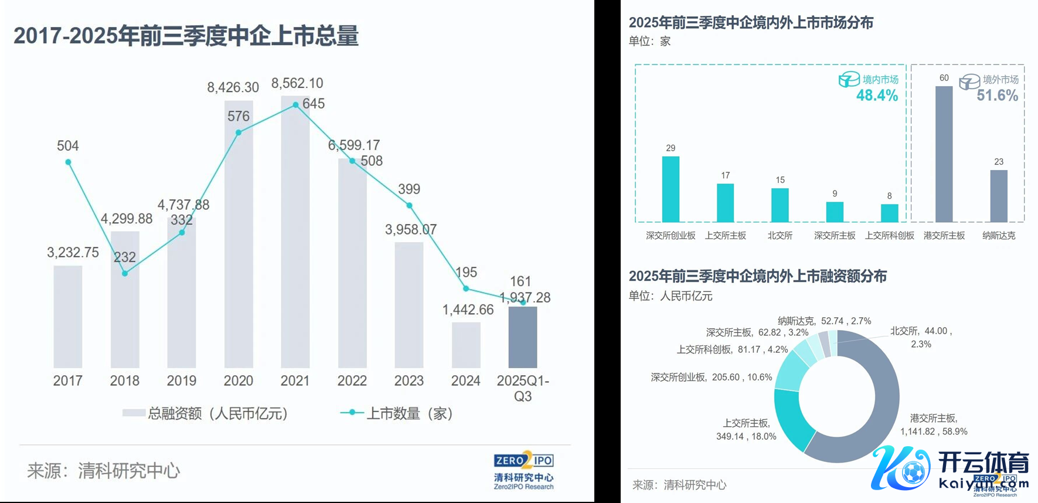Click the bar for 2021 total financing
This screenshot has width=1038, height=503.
coord(295,234)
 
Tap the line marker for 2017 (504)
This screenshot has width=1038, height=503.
coord(69,162)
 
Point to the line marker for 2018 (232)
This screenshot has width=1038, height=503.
coord(125,273)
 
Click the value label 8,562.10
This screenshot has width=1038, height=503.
coord(297,83)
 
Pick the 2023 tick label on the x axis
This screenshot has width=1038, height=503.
coord(409,381)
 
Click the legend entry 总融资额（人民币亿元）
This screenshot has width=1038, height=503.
coord(205,413)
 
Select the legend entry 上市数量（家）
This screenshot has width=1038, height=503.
coord(397,413)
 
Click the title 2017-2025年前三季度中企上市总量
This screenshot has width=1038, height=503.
coord(186,36)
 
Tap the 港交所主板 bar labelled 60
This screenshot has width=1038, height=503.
coord(944,154)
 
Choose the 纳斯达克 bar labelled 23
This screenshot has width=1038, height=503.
coord(999,196)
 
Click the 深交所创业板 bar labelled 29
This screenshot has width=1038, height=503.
coord(671,189)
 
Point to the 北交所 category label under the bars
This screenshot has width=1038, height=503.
coord(780,236)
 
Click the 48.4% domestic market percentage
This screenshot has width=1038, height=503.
coord(877,96)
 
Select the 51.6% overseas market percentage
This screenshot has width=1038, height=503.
coord(997,96)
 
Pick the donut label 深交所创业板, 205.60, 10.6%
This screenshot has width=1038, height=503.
coord(711,378)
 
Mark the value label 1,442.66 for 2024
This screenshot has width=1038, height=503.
coord(468,310)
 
